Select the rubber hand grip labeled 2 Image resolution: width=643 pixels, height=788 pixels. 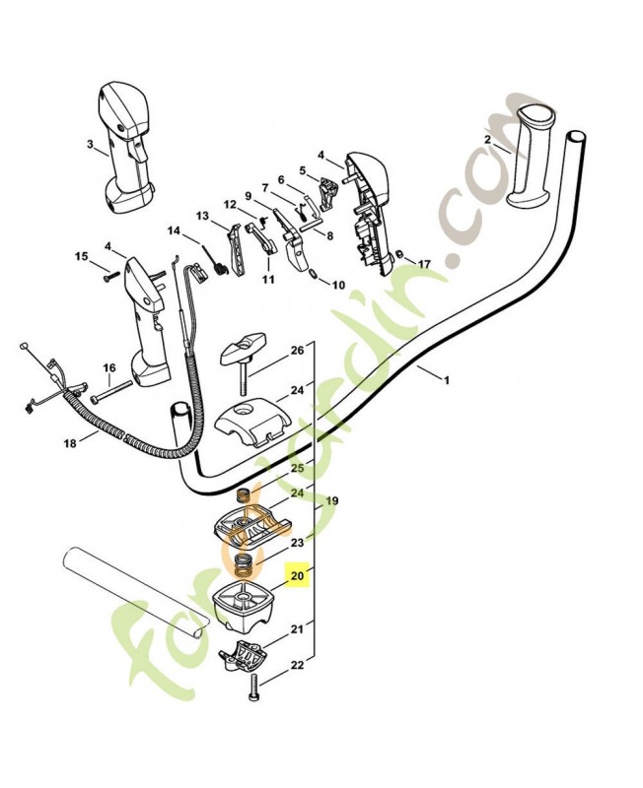click(533, 164)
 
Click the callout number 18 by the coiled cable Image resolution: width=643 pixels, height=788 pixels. click(69, 444)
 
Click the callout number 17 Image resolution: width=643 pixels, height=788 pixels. click(424, 264)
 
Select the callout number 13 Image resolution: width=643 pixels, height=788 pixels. click(202, 216)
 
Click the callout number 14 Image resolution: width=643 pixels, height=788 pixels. click(174, 232)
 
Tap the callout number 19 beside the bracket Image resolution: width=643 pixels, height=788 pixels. click(332, 501)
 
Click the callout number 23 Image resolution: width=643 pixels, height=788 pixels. click(296, 543)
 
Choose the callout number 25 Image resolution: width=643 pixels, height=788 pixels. click(297, 467)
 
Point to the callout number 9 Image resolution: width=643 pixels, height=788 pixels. click(249, 196)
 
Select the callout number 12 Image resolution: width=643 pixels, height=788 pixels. click(229, 205)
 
